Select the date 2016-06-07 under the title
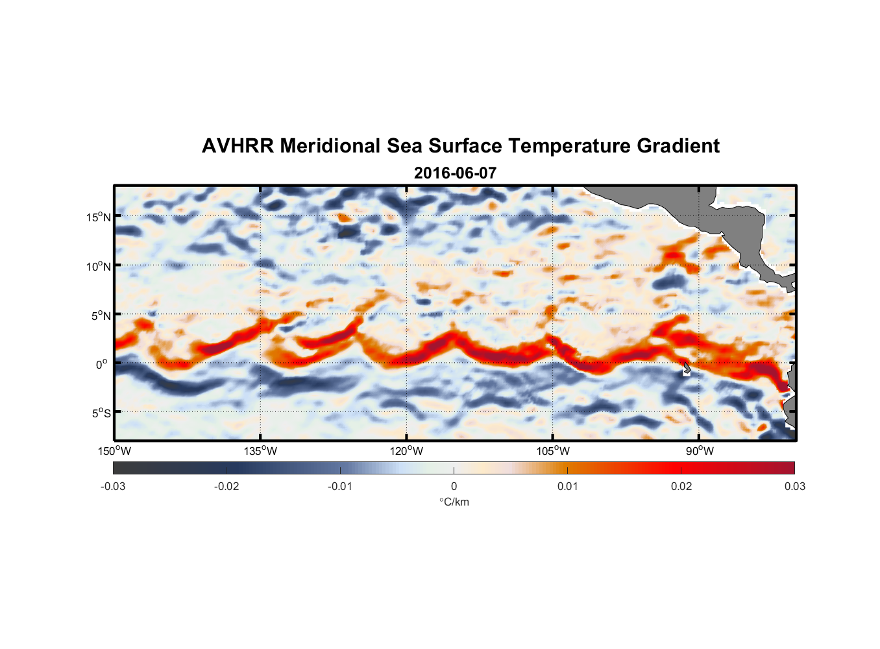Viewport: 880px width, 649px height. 455,173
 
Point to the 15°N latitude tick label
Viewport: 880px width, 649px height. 99,217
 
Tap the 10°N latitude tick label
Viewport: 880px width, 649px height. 99,266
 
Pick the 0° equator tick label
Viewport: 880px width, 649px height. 102,364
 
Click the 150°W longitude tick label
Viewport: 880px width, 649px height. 114,451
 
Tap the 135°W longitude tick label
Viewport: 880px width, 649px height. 260,451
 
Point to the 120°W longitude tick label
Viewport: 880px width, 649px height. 406,451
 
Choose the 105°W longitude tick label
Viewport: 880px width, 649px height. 553,451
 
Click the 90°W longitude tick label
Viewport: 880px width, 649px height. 700,451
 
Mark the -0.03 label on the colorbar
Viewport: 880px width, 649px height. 113,486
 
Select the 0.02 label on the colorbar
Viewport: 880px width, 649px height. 681,486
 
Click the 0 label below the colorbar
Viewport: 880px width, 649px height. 454,486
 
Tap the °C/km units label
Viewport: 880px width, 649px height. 454,502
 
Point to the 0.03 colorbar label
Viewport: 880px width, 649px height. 794,486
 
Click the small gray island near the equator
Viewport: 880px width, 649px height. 687,368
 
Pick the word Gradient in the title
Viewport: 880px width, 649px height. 678,146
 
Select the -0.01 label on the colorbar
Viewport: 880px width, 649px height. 340,486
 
